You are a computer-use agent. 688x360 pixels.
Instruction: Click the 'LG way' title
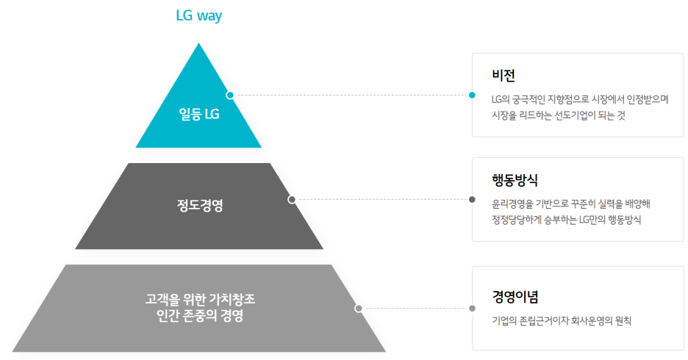point(198,16)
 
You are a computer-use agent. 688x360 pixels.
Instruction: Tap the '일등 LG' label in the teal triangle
point(199,115)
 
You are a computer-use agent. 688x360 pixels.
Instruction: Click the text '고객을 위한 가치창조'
point(200,300)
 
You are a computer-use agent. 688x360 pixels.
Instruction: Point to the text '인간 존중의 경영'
point(200,317)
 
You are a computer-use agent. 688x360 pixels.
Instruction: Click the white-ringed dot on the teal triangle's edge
point(230,95)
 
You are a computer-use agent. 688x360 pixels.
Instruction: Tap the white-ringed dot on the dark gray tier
point(292,199)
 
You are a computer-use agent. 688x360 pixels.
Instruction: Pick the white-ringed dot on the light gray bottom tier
point(359,309)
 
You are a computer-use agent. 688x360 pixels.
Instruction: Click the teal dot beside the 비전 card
point(472,95)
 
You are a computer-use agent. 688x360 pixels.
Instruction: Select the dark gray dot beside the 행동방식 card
point(472,199)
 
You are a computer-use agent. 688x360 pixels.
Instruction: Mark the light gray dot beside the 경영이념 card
point(472,309)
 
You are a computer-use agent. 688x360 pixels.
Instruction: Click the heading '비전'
point(504,76)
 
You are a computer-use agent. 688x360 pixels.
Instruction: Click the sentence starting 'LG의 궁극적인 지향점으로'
point(580,98)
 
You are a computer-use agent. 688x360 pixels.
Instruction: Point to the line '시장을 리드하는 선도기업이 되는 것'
point(559,115)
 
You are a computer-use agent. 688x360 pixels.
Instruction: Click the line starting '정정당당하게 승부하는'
point(567,219)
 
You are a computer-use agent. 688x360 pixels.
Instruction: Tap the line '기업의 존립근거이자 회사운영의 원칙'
point(562,320)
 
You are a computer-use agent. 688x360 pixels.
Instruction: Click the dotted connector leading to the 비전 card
point(351,95)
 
